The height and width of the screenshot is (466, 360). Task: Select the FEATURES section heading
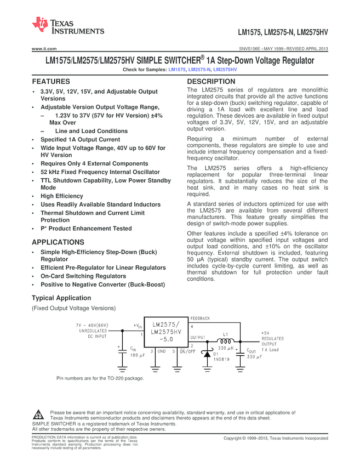[50, 81]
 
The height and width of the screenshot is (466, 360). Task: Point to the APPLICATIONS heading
[58, 242]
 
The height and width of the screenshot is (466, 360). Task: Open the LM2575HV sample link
[225, 70]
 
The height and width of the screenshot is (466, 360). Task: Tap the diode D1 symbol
[207, 355]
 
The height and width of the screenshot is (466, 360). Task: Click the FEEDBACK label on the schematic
[200, 318]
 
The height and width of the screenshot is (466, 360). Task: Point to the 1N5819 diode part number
[221, 360]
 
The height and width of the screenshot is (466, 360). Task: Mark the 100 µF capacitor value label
[138, 355]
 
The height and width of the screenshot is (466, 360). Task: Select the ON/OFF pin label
[188, 351]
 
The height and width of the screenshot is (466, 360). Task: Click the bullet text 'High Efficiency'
[62, 196]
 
